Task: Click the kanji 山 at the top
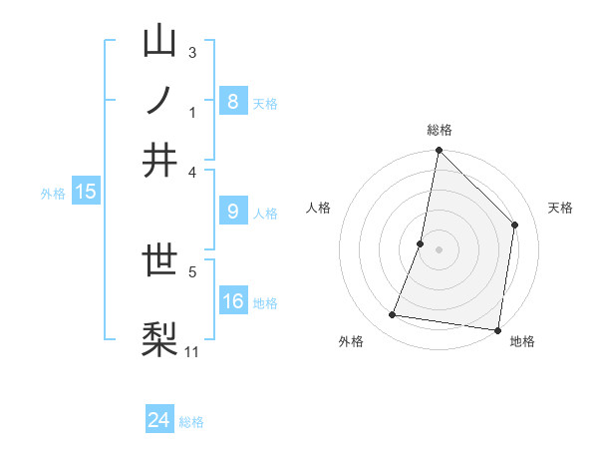click(159, 42)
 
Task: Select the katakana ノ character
click(159, 101)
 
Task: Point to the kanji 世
click(159, 262)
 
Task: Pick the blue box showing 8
click(232, 102)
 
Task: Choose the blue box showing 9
click(232, 212)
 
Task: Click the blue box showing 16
click(232, 301)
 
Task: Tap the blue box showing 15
click(86, 192)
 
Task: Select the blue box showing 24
click(159, 420)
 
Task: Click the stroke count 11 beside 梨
click(192, 350)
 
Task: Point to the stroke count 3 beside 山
click(192, 52)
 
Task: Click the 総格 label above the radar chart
click(440, 130)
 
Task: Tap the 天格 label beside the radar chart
click(561, 208)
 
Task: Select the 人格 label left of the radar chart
click(319, 208)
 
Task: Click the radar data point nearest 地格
click(497, 329)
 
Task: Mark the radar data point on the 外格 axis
click(393, 315)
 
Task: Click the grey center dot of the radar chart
click(440, 249)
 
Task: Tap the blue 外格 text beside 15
click(52, 194)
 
